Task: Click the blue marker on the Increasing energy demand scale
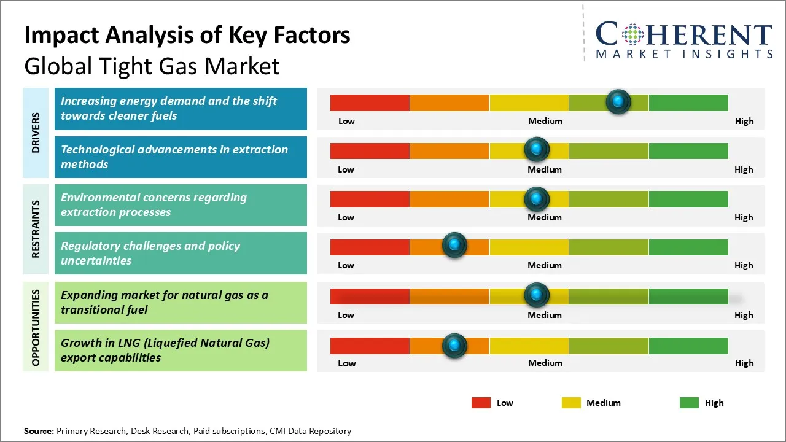[x=618, y=101]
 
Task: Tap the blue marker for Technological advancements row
[x=537, y=149]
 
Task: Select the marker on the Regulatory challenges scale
[x=454, y=246]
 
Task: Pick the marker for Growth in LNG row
[x=454, y=346]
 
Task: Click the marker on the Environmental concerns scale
[x=537, y=198]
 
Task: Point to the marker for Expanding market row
[x=537, y=295]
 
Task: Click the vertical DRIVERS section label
[x=36, y=133]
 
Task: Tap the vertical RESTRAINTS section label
[x=36, y=229]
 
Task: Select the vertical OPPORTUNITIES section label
[x=36, y=327]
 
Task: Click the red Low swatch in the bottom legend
[x=481, y=403]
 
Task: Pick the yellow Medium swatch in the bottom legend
[x=571, y=403]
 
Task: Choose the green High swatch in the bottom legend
[x=689, y=403]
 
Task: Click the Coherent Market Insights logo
[x=683, y=40]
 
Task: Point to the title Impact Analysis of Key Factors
[x=187, y=36]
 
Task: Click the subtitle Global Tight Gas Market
[x=152, y=66]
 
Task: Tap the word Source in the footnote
[x=39, y=431]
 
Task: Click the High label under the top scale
[x=744, y=121]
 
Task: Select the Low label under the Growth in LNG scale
[x=346, y=363]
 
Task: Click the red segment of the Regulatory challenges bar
[x=370, y=247]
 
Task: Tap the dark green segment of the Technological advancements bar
[x=688, y=150]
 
